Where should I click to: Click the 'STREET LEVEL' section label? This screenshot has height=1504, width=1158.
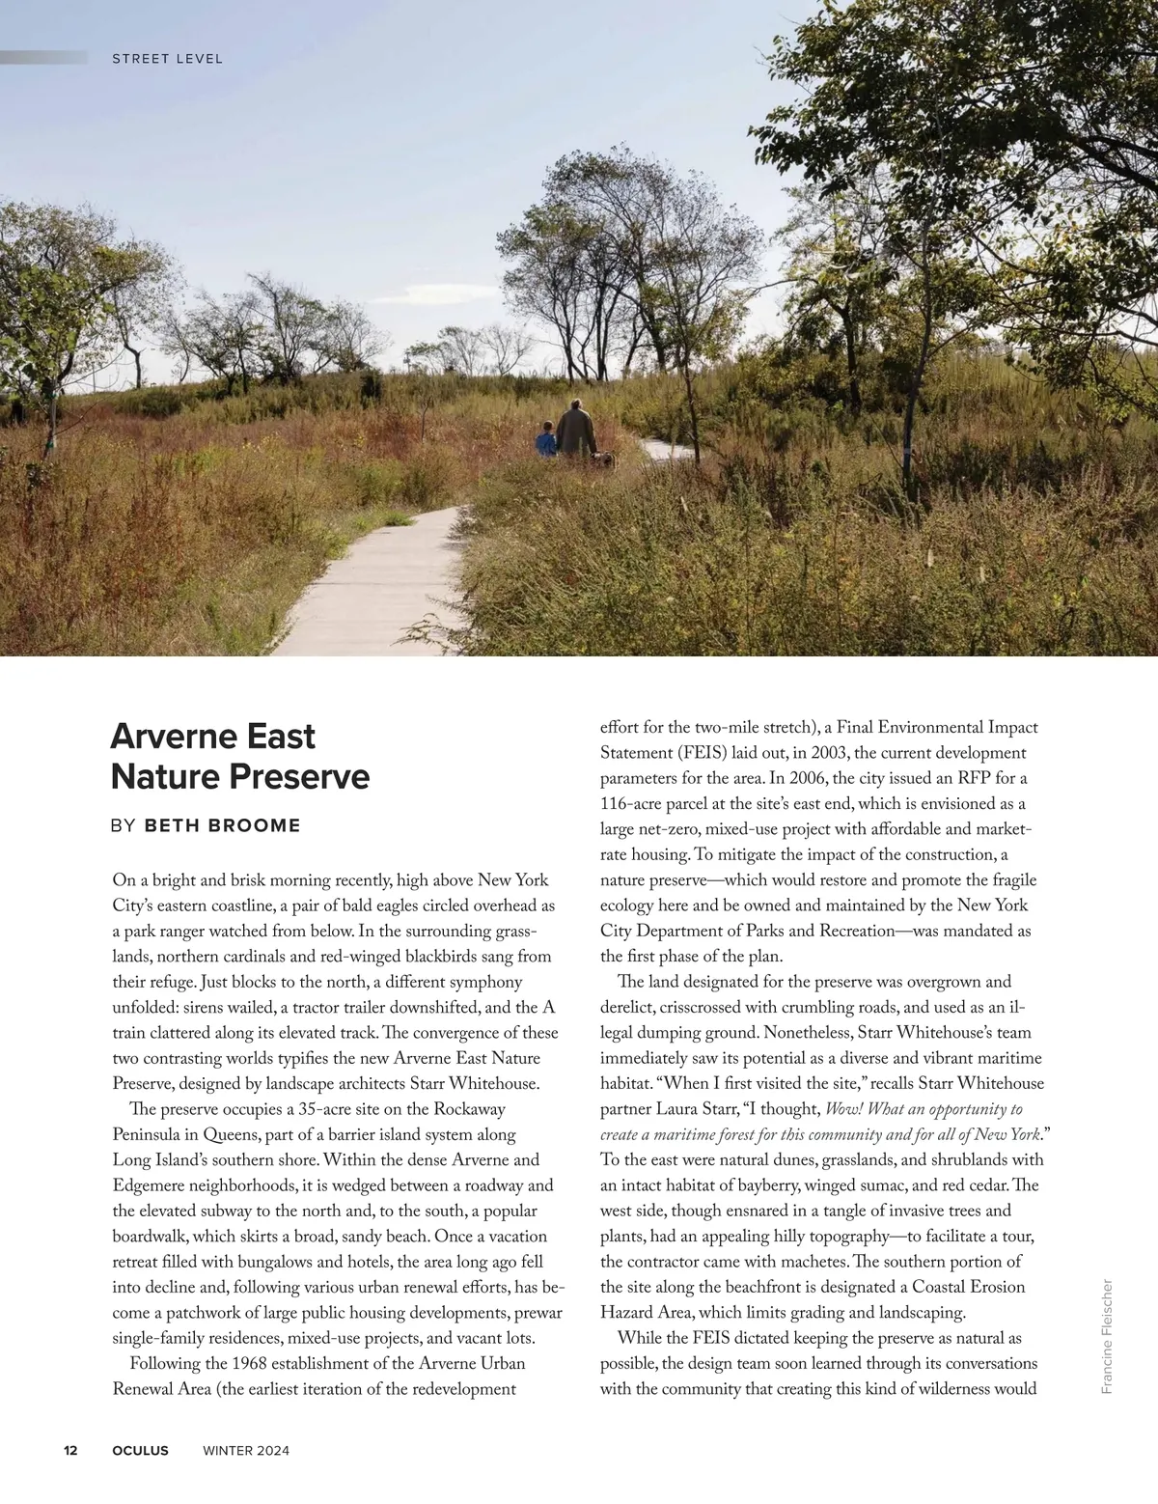[167, 59]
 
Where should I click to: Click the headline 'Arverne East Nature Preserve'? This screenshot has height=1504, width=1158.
[239, 756]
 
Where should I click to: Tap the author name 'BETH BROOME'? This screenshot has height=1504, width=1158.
[222, 825]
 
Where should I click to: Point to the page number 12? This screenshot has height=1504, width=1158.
[70, 1450]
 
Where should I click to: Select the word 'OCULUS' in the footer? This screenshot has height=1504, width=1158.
[140, 1450]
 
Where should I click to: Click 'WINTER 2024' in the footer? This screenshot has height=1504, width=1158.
[246, 1450]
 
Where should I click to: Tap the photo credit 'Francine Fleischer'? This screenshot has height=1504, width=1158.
[1107, 1336]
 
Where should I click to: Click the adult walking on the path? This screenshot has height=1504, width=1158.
[576, 429]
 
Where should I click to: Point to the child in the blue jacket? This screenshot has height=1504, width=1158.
[546, 439]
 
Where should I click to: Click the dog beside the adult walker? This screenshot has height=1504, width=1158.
[604, 460]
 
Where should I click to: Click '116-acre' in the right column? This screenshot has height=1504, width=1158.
[632, 804]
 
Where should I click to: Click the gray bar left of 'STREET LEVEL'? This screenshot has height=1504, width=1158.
[43, 58]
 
